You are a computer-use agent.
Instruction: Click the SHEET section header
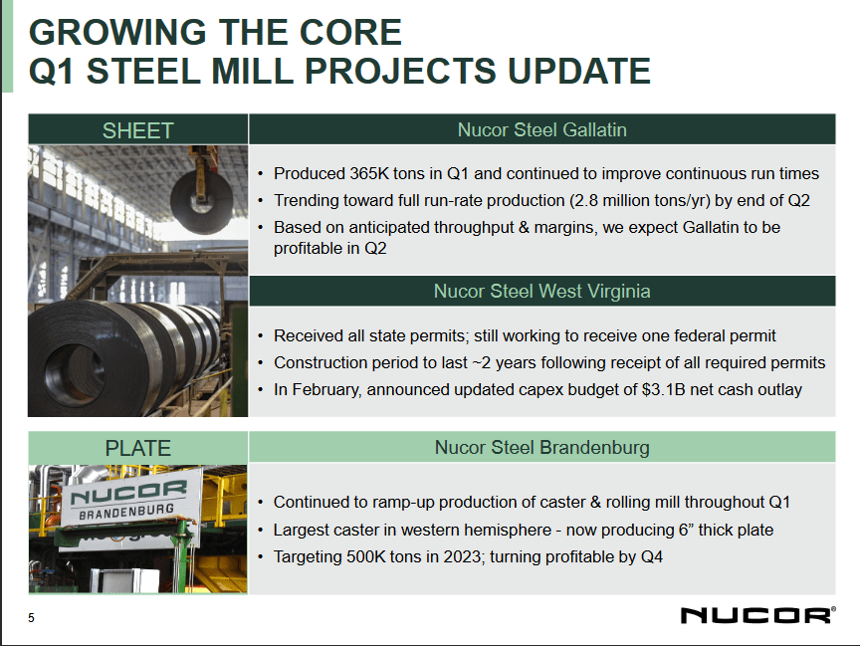point(137,130)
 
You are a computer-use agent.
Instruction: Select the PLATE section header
point(137,448)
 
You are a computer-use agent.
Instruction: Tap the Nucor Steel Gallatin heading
point(541,130)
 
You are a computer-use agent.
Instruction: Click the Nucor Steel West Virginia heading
point(541,292)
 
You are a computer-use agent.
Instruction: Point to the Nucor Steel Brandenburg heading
point(541,448)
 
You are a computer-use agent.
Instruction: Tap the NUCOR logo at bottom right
point(757,615)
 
